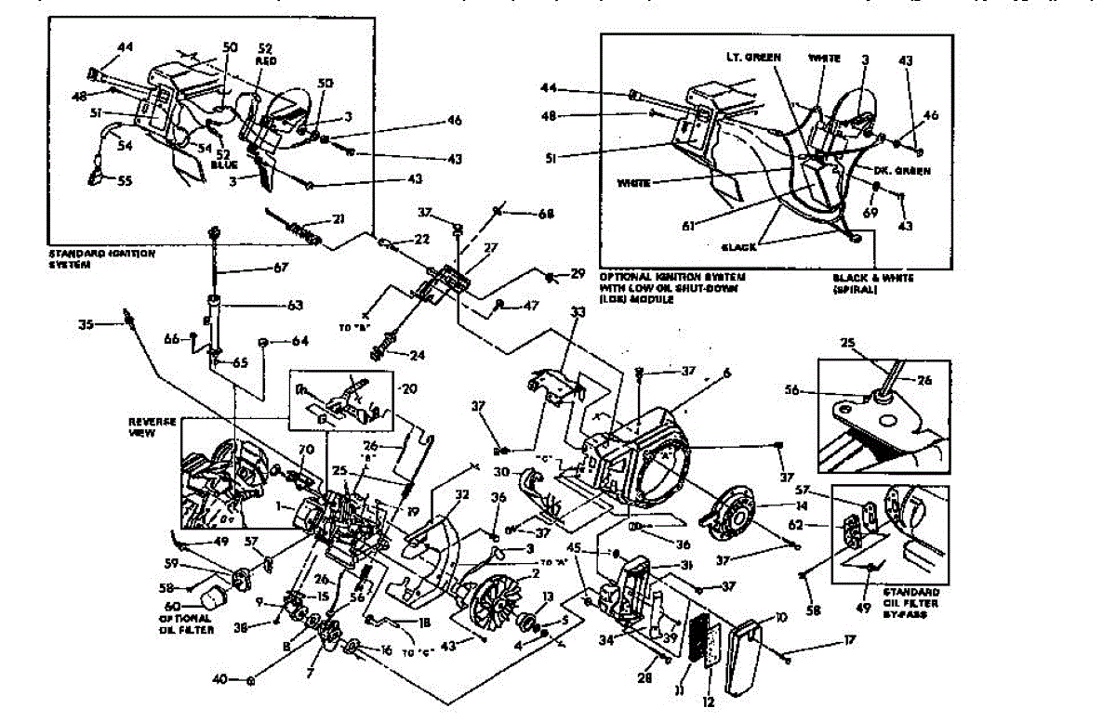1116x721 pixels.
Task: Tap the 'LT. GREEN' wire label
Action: [x=753, y=58]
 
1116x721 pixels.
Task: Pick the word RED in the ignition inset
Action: [x=263, y=60]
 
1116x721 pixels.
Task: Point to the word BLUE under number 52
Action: [x=224, y=164]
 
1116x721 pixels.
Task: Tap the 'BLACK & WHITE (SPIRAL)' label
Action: [x=872, y=282]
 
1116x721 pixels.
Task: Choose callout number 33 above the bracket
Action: [x=578, y=313]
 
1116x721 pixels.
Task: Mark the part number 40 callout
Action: [x=219, y=679]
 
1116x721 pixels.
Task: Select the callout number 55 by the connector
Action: [x=124, y=181]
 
